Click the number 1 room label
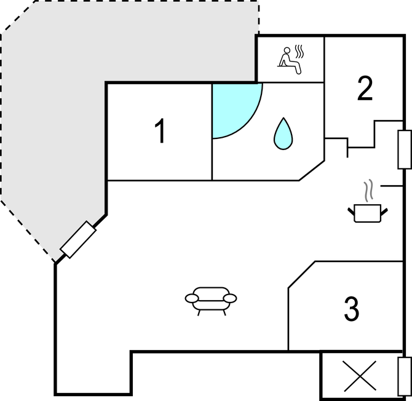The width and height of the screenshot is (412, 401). tap(160, 130)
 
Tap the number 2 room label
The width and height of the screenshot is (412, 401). tap(365, 88)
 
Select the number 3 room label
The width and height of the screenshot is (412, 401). tap(352, 309)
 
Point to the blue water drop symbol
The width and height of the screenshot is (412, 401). tap(283, 133)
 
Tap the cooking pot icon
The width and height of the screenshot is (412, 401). tap(368, 213)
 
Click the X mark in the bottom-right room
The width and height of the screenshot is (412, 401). tap(360, 376)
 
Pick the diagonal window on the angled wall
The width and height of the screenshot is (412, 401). tap(78, 239)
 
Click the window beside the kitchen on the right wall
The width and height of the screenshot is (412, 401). tap(405, 149)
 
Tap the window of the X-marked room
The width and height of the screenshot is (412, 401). tap(405, 376)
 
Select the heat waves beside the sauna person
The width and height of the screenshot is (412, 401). tap(299, 52)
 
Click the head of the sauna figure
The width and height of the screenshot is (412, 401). tap(287, 50)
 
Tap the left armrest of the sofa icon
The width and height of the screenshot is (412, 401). tap(192, 298)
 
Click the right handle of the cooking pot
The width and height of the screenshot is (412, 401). tap(384, 212)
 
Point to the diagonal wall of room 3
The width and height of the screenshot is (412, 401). tap(302, 275)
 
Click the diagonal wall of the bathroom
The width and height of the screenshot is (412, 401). tap(312, 170)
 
